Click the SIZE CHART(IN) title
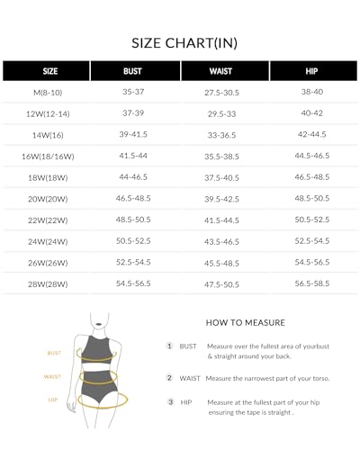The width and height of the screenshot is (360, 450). [x=180, y=41]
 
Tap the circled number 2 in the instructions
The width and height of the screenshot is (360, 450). [x=169, y=379]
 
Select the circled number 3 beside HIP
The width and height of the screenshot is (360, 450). [x=169, y=401]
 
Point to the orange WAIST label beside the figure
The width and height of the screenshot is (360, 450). [x=54, y=376]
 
